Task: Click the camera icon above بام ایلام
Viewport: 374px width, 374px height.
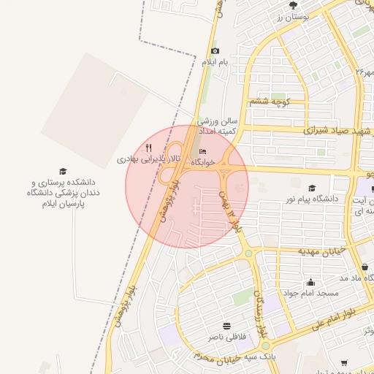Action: pyautogui.click(x=215, y=51)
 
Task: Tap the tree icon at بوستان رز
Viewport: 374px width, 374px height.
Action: pyautogui.click(x=294, y=5)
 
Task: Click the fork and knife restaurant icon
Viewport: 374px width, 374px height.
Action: pyautogui.click(x=148, y=148)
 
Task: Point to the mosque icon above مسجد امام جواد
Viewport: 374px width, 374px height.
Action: pyautogui.click(x=310, y=282)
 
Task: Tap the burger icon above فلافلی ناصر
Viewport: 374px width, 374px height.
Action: pyautogui.click(x=226, y=325)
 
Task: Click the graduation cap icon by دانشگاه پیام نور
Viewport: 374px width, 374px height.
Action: pyautogui.click(x=312, y=188)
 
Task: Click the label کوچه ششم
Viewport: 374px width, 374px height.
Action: pyautogui.click(x=270, y=102)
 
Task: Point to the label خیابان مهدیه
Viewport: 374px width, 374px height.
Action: pyautogui.click(x=319, y=251)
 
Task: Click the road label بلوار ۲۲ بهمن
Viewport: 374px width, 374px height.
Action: pyautogui.click(x=229, y=212)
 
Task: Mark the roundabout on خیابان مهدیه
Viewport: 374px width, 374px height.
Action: pyautogui.click(x=249, y=254)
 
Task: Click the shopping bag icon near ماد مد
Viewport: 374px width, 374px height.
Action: pyautogui.click(x=365, y=267)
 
